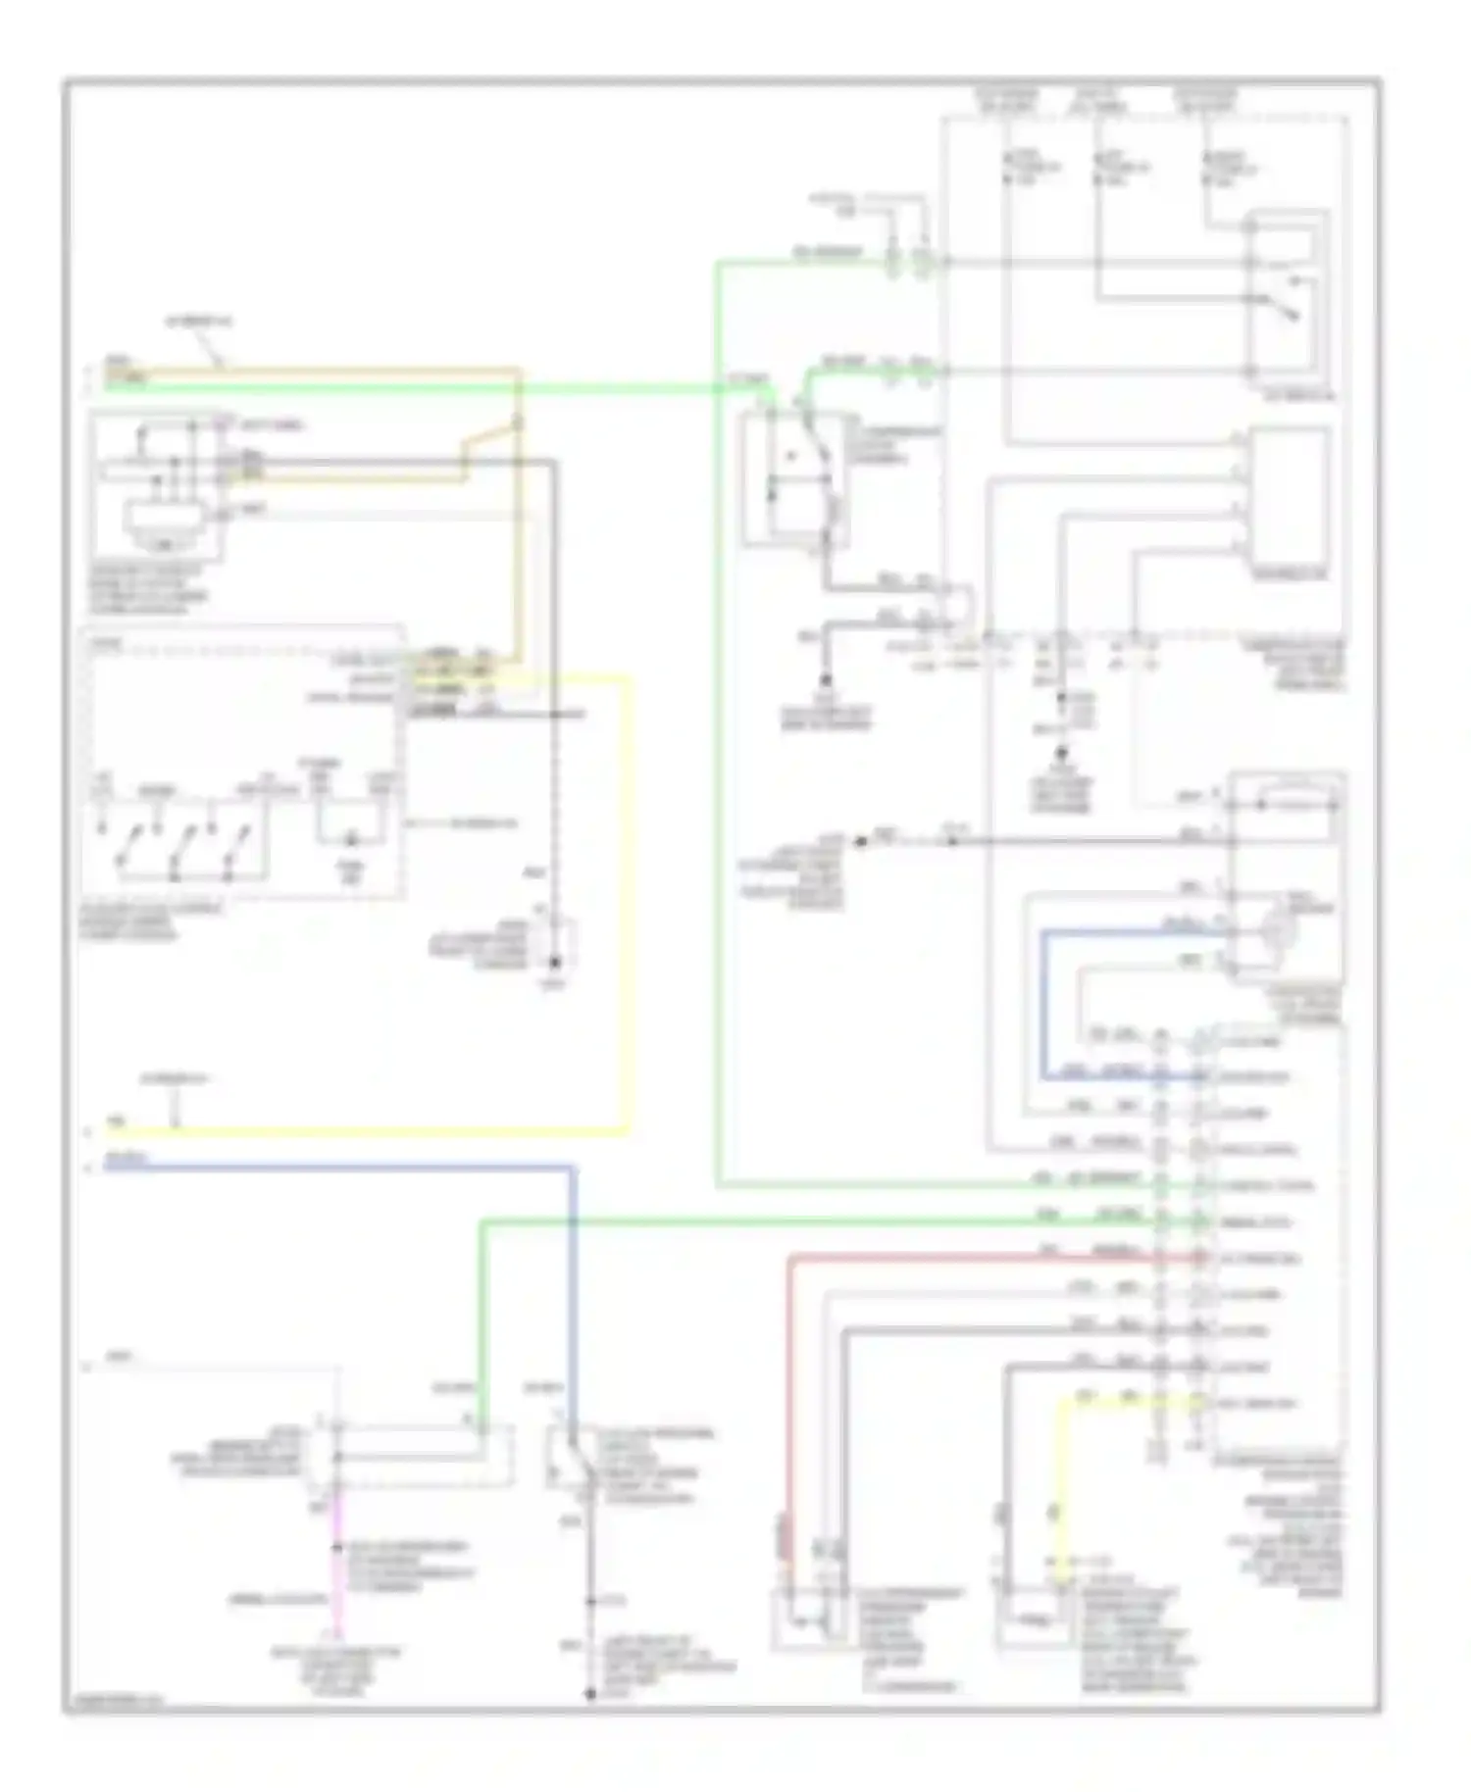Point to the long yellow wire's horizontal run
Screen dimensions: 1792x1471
point(373,1132)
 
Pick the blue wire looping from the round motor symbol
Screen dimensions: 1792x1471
point(1044,1000)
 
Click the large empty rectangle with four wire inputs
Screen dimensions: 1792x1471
point(1289,500)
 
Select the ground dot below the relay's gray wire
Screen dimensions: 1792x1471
point(826,679)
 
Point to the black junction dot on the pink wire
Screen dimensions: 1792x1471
point(336,1547)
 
